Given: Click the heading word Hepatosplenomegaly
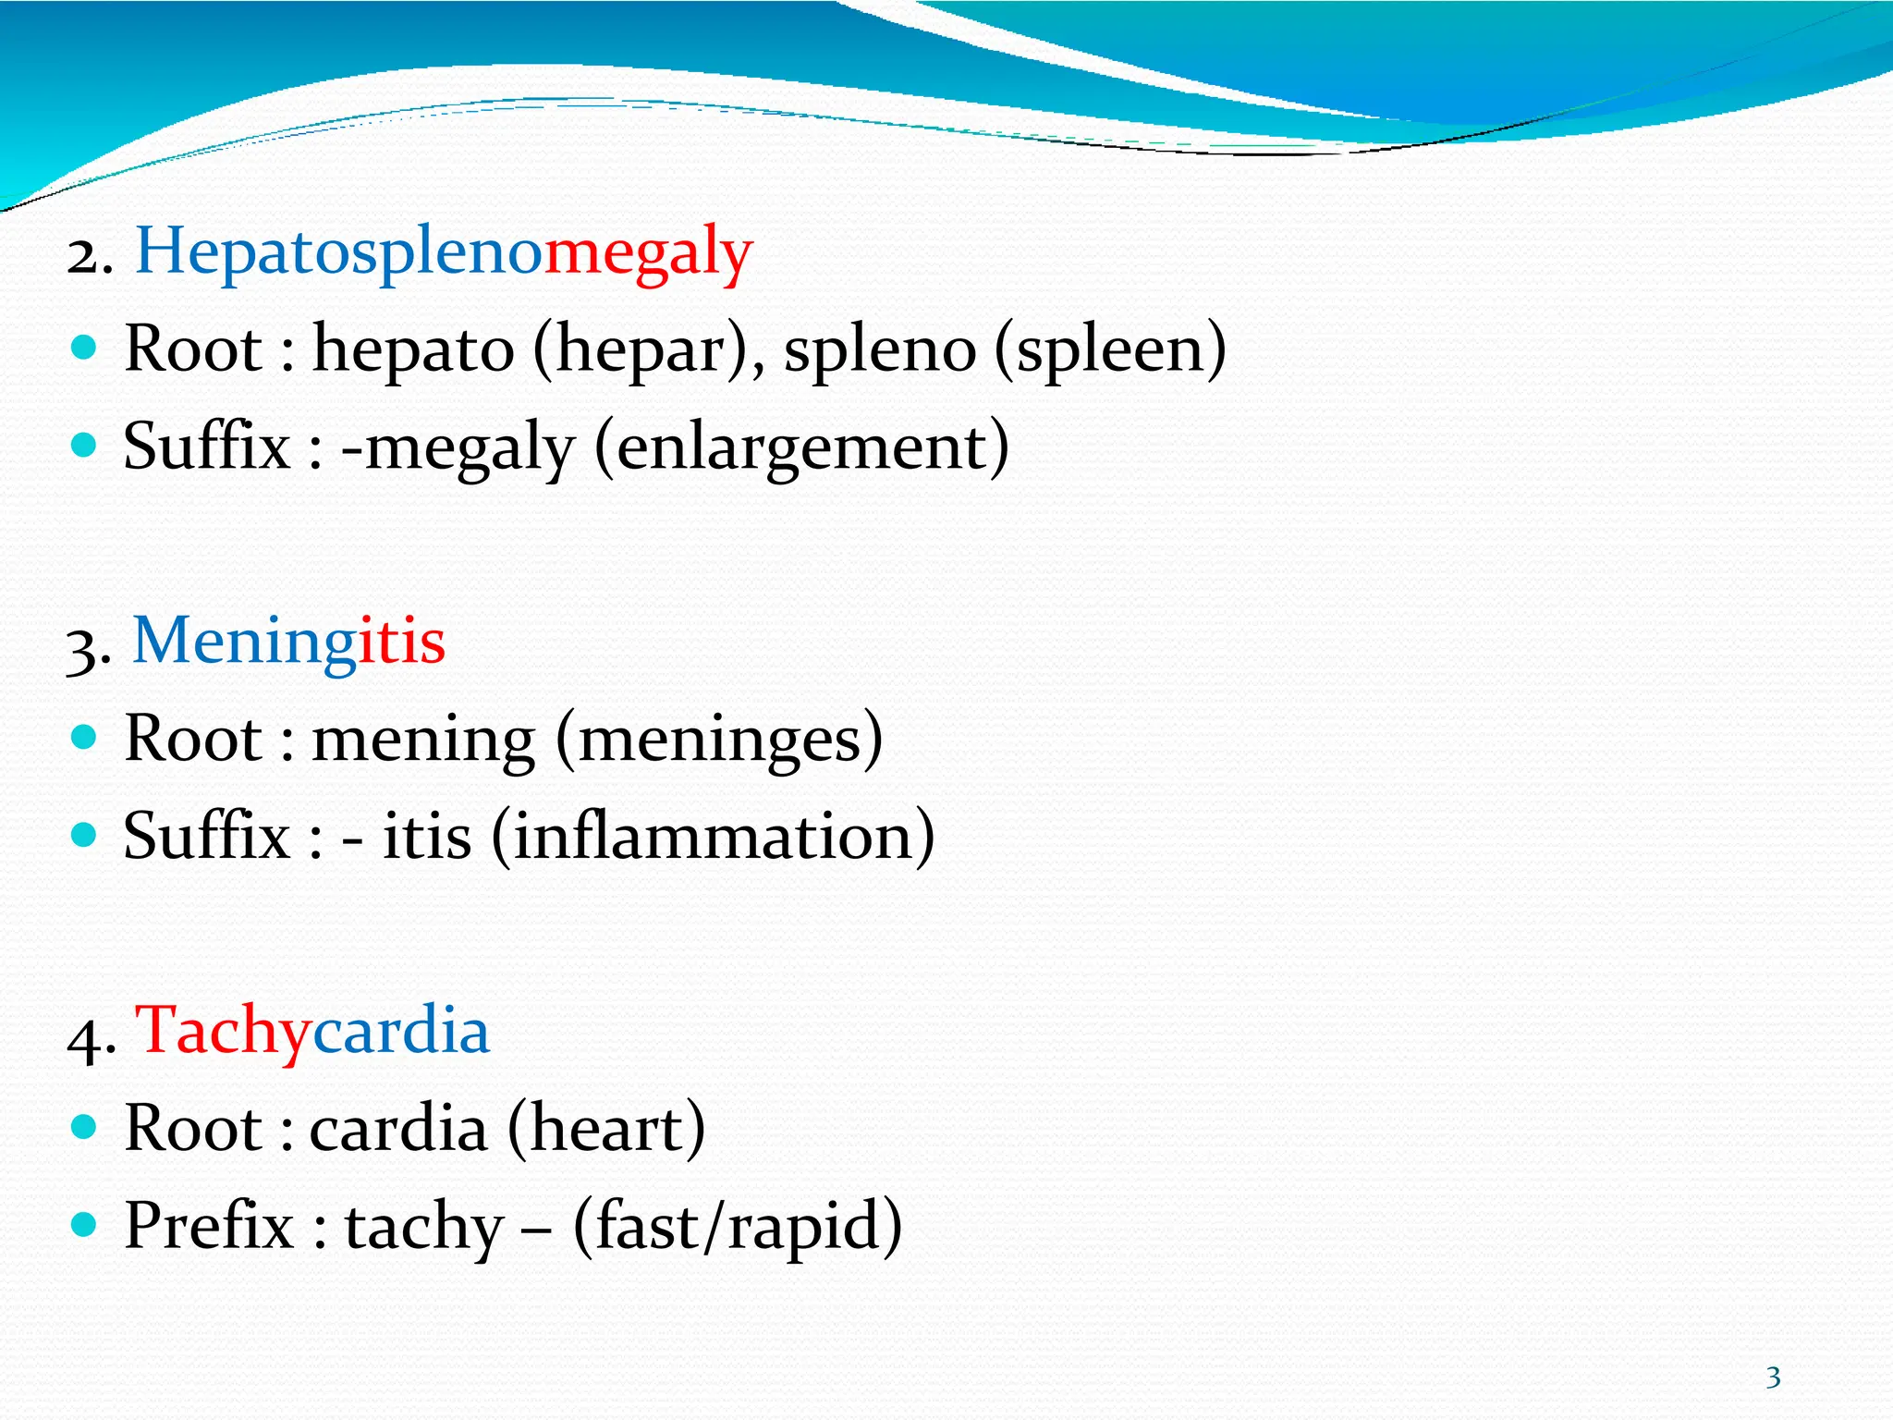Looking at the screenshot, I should pos(444,251).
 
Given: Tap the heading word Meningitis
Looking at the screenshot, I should pos(288,641).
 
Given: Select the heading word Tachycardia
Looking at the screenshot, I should pos(312,1030).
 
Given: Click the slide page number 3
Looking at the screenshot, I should pos(1773,1378).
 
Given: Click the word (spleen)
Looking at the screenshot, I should pos(1110,349).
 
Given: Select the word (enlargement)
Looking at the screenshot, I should pos(801,447).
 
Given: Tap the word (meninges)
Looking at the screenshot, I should pos(719,740).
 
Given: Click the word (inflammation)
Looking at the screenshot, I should pos(713,837).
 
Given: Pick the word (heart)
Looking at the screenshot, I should pos(605,1129).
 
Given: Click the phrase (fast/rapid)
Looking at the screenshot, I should pos(738,1227).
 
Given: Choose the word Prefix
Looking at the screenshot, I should pos(209,1227).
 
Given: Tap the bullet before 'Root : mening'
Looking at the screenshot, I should pos(84,737).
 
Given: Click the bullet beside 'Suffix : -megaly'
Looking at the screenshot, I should pos(84,446).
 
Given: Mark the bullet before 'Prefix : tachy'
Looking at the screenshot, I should pos(84,1225).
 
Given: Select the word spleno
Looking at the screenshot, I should pos(880,349).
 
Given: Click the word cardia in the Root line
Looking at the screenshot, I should pos(398,1129).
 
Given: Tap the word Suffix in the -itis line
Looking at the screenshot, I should pos(207,837).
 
